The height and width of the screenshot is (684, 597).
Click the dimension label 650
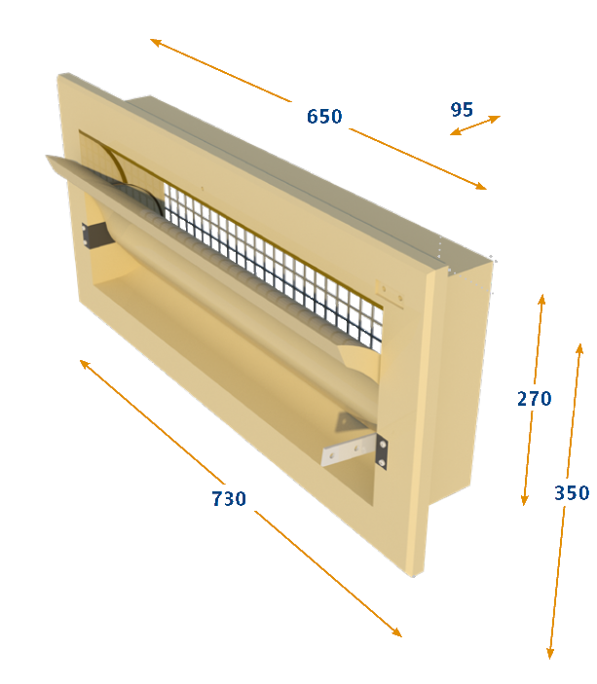324,117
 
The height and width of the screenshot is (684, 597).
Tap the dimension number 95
462,110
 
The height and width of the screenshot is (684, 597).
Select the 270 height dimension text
535,399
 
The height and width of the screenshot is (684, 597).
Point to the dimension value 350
572,493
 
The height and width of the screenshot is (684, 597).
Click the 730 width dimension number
229,498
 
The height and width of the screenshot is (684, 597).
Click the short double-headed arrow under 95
475,126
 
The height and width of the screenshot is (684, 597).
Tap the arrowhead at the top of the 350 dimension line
580,349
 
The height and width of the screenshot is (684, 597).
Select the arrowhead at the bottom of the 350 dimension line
550,653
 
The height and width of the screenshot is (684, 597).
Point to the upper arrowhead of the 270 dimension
541,300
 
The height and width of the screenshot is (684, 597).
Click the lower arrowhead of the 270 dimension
525,500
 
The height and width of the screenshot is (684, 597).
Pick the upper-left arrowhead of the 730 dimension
85,364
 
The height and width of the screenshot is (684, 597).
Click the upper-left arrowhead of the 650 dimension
156,42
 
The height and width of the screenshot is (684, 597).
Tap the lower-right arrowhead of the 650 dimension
481,186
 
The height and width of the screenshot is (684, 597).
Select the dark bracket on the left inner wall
94,234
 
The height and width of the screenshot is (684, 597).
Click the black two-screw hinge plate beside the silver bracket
381,452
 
